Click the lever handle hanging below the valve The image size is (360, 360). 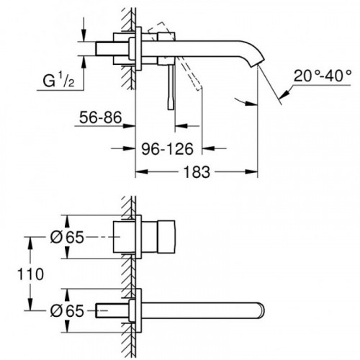[x=173, y=90]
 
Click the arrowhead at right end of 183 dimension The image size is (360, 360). [x=255, y=172]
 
